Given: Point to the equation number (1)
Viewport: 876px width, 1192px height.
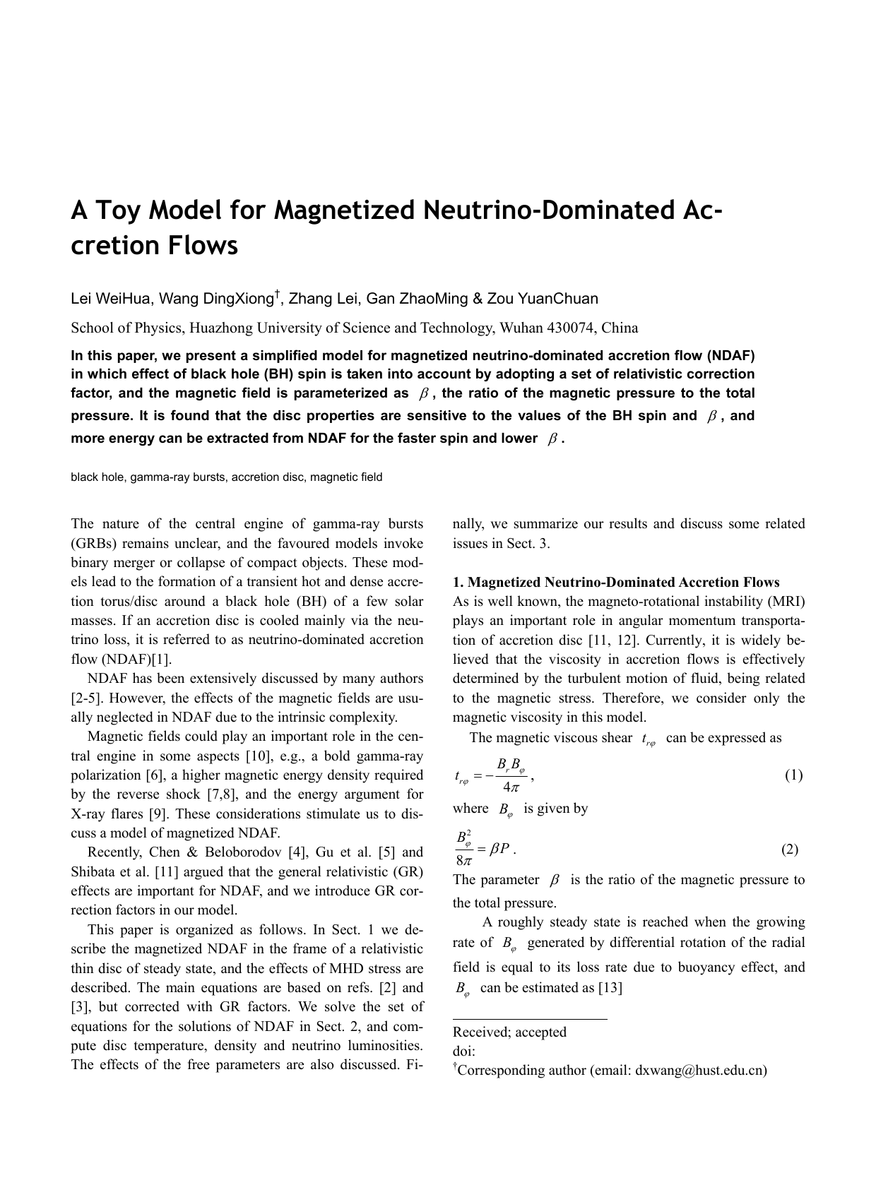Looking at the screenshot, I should click(793, 775).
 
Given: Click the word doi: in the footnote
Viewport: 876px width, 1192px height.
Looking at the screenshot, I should click(464, 1051).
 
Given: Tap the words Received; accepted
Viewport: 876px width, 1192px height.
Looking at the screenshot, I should click(509, 1032).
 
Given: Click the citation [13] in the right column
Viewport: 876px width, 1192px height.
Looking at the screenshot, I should click(610, 988).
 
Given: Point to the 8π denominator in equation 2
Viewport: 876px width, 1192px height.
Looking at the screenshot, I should click(465, 861).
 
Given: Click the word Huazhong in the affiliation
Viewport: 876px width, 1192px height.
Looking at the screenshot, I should click(219, 328).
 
